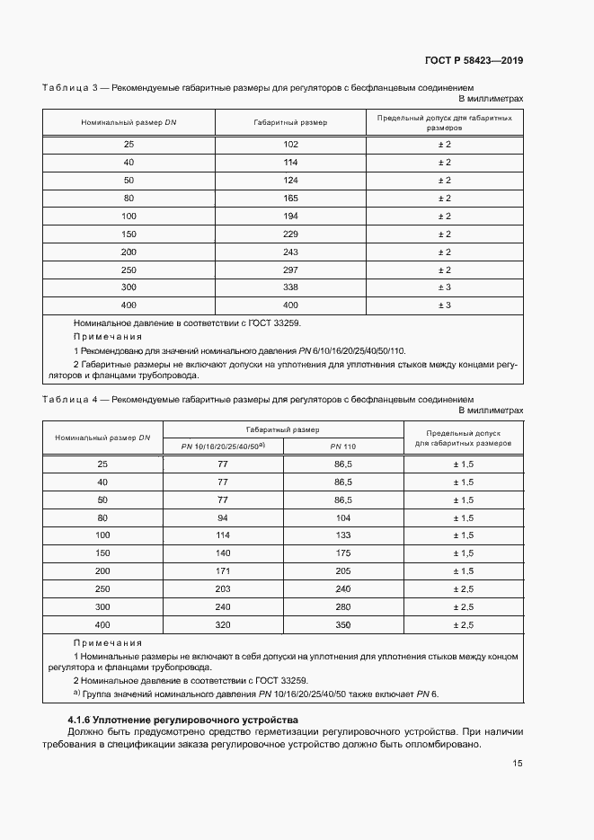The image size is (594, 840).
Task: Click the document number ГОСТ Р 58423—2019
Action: click(474, 60)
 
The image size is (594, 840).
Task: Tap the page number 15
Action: click(518, 764)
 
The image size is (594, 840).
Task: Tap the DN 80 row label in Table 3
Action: click(129, 198)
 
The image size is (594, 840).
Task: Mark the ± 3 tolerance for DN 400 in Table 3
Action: click(444, 306)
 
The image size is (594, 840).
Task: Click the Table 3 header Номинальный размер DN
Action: click(129, 122)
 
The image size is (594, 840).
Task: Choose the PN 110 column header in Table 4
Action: click(343, 447)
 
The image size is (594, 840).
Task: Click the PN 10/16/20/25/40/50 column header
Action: click(222, 447)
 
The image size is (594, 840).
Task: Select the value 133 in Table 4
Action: click(343, 535)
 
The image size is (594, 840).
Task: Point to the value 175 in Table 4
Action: click(343, 553)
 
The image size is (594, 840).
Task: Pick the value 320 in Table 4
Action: click(222, 624)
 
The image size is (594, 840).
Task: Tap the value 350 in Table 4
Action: click(343, 624)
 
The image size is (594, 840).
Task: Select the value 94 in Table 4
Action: click(222, 517)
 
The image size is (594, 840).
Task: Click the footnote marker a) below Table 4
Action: click(76, 694)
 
